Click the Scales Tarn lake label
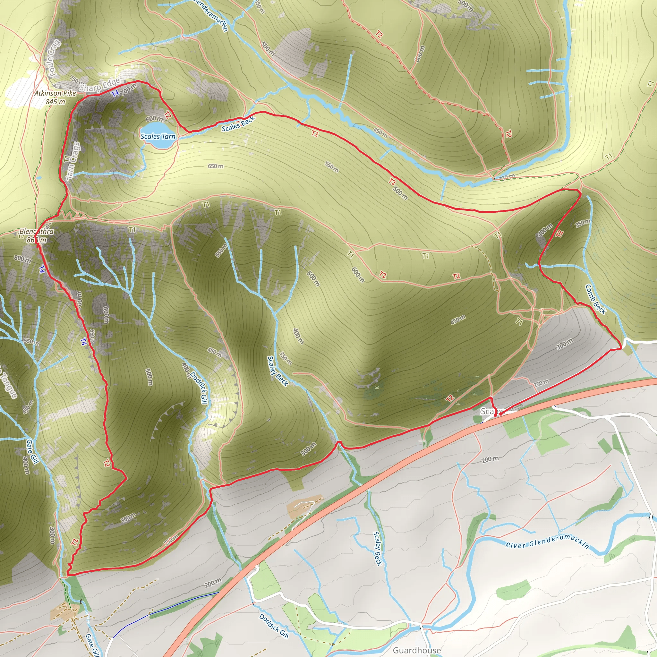[158, 136]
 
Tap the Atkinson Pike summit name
[55, 93]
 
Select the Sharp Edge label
[100, 85]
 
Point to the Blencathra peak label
[36, 232]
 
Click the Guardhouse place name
[417, 650]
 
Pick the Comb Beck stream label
[595, 299]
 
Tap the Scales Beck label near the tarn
[238, 124]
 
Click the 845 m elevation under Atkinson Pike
[55, 102]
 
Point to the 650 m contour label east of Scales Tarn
[216, 166]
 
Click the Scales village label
[492, 412]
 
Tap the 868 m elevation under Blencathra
[36, 240]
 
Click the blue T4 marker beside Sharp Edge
[115, 93]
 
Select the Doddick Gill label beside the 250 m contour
[199, 387]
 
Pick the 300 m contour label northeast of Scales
[565, 344]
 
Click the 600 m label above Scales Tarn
[154, 119]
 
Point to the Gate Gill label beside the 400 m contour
[33, 451]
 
